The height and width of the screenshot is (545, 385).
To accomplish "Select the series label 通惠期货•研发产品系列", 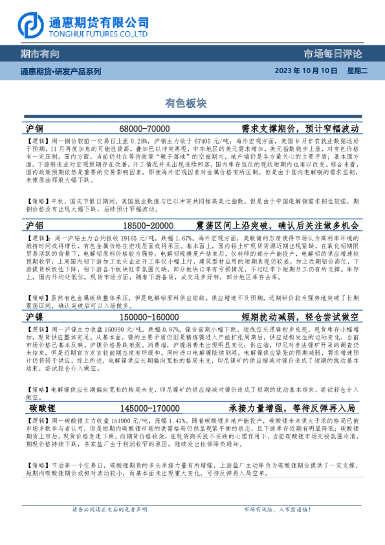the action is pos(61,71).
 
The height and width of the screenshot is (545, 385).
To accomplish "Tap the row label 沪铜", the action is pos(36,128).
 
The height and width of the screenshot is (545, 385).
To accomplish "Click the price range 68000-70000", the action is pos(145,129).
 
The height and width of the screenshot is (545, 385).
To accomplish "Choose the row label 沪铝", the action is pos(36,225).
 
